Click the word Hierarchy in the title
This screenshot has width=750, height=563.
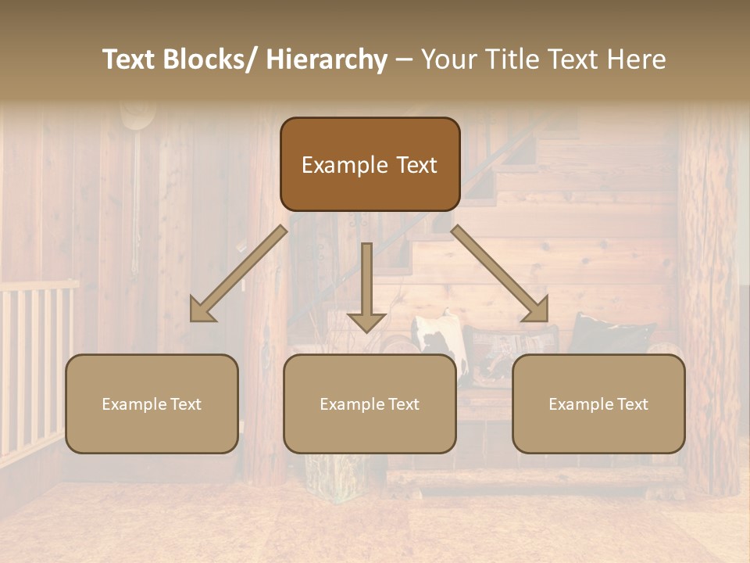pos(327,59)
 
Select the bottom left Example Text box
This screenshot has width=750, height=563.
pos(152,403)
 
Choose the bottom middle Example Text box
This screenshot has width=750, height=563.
pos(370,403)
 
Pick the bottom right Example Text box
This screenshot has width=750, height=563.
pos(598,403)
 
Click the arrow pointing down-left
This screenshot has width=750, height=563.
pos(239,273)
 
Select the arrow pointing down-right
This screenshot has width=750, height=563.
pos(500,273)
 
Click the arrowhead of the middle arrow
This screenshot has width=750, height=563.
pos(366,321)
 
